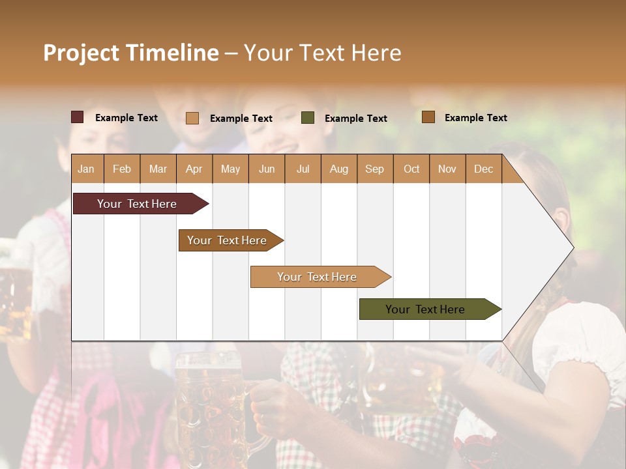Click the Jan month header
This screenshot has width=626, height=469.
(87, 169)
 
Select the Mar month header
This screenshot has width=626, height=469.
(158, 169)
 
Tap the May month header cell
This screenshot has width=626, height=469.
(230, 169)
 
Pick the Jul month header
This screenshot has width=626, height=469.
(303, 169)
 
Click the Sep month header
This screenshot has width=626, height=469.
(374, 169)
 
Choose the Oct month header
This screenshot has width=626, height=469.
(411, 169)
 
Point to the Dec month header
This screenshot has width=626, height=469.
(483, 169)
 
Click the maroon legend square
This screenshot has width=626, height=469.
(78, 117)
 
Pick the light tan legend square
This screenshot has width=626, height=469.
(192, 118)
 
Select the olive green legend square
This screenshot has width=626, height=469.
(308, 118)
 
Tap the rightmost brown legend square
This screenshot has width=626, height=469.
(428, 117)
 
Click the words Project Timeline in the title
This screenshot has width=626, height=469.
(131, 53)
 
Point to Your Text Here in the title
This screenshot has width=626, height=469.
(322, 53)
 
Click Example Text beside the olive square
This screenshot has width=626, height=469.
(355, 118)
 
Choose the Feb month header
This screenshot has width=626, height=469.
(122, 169)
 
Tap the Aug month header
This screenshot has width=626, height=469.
(338, 169)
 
